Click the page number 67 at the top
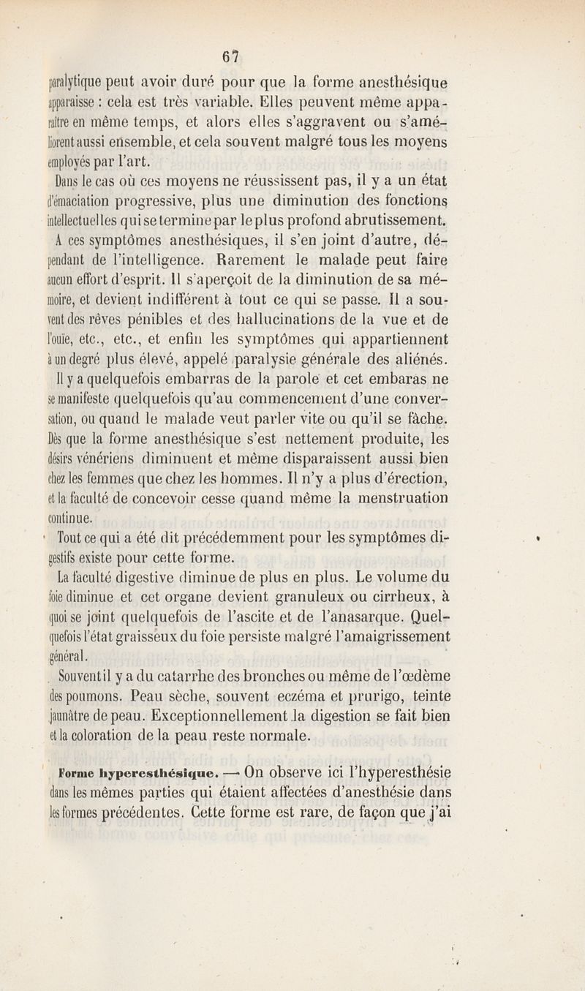[232, 56]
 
